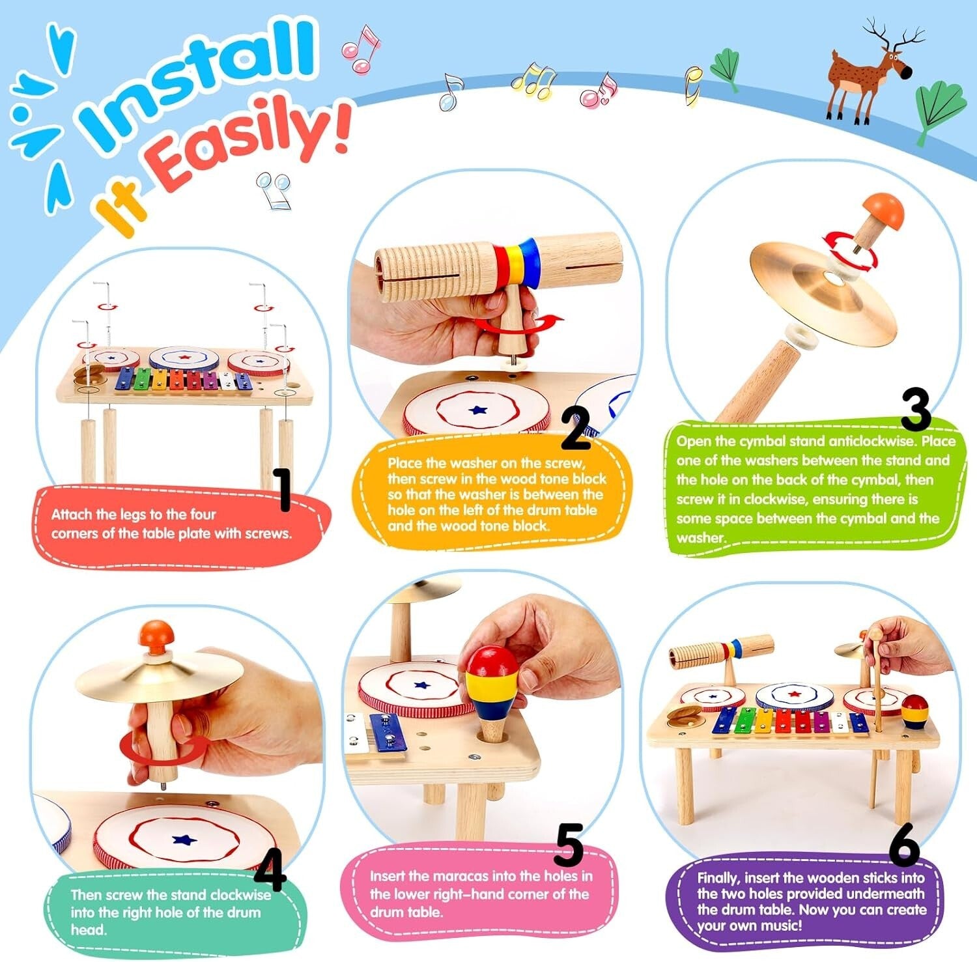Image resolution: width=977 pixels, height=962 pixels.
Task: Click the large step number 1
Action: (x=283, y=489)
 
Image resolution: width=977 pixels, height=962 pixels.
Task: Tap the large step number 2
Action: (x=576, y=427)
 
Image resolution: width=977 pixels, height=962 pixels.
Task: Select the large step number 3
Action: (x=916, y=409)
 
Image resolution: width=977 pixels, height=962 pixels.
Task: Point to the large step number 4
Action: (x=270, y=869)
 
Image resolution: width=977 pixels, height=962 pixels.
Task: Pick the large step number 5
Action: (x=569, y=845)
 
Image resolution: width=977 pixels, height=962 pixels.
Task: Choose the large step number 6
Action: (x=905, y=845)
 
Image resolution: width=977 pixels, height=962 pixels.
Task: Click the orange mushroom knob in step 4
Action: (x=156, y=634)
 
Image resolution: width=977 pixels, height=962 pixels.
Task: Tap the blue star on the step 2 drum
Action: (x=479, y=410)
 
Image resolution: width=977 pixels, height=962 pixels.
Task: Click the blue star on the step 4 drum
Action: (x=186, y=840)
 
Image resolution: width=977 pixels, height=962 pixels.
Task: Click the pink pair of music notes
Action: (x=360, y=49)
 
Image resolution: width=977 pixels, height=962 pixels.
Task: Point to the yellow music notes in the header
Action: (x=533, y=82)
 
